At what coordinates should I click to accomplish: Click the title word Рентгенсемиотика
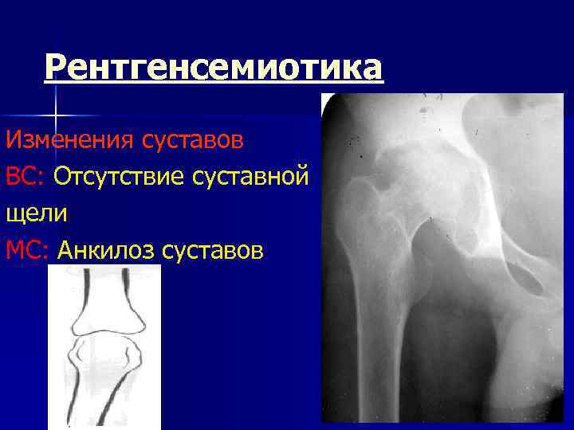coord(214,67)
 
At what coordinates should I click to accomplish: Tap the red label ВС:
coord(26,177)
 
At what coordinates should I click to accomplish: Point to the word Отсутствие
coord(120,177)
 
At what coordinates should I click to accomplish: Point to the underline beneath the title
coord(214,83)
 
